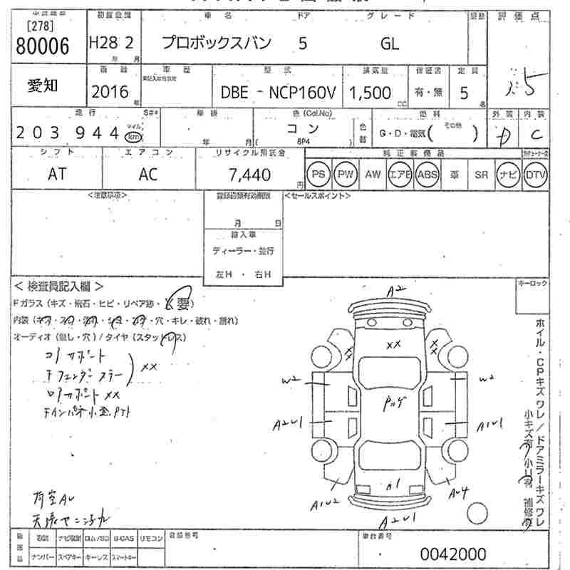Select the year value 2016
110,90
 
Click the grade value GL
390,44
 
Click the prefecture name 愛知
43,85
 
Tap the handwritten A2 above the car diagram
396,290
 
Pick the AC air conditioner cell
148,174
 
